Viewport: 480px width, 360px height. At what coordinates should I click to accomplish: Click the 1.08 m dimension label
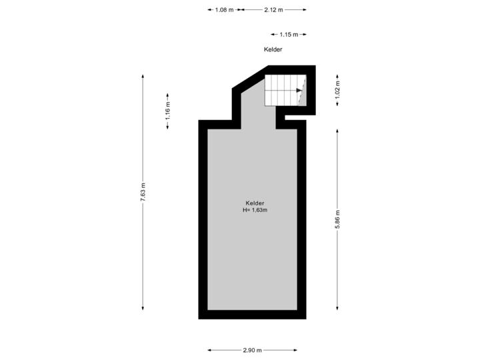[x=224, y=10]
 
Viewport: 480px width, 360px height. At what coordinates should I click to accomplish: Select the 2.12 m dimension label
[x=274, y=10]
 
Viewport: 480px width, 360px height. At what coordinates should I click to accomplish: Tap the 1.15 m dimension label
[x=289, y=35]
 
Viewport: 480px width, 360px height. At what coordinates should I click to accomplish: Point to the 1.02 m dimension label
[x=337, y=90]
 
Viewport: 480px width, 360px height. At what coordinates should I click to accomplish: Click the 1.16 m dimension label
[x=168, y=111]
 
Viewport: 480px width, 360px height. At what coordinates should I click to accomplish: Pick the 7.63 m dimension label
[x=143, y=192]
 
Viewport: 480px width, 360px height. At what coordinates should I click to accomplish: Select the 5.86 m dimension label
[x=337, y=219]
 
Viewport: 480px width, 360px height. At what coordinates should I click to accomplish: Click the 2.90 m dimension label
[x=253, y=350]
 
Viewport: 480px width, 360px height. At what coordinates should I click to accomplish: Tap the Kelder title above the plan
[x=273, y=49]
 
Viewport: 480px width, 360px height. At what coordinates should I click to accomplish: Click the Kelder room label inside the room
[x=255, y=203]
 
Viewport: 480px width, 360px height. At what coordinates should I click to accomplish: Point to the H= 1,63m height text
[x=255, y=210]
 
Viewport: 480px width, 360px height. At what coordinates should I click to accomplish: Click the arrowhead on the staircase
[x=299, y=90]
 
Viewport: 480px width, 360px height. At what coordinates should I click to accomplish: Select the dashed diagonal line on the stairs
[x=302, y=90]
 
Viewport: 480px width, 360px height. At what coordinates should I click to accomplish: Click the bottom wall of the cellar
[x=252, y=315]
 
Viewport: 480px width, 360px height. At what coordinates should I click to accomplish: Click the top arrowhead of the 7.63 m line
[x=143, y=76]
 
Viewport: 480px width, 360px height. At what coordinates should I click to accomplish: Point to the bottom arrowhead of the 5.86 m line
[x=337, y=308]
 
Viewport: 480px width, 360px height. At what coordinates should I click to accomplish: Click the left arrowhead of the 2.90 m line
[x=210, y=350]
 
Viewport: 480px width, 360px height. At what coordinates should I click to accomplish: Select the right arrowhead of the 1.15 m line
[x=304, y=34]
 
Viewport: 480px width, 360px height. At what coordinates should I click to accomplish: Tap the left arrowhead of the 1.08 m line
[x=210, y=10]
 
